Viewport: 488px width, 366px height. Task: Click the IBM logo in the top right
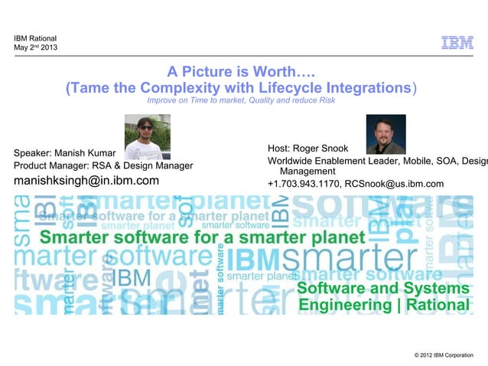(457, 43)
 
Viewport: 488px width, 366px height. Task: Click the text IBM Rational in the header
(35, 38)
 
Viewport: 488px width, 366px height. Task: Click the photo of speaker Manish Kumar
(148, 138)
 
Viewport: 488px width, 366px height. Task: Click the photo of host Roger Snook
(386, 134)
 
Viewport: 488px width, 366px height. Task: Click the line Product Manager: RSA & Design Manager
(103, 165)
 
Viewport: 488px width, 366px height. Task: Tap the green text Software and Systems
(382, 289)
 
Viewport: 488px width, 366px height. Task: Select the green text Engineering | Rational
(382, 306)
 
